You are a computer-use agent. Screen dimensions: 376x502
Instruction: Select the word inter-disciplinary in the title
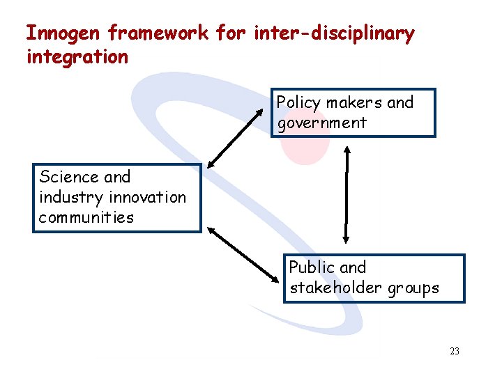pos(334,33)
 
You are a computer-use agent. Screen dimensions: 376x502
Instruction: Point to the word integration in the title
pos(77,57)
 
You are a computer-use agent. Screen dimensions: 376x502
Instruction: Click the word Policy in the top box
pos(298,103)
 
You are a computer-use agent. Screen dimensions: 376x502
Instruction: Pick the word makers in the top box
pos(353,103)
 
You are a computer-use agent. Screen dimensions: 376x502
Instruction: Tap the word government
pos(321,123)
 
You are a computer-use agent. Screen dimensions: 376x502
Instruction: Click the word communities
pos(86,217)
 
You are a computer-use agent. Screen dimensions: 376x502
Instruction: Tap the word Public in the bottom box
pos(312,267)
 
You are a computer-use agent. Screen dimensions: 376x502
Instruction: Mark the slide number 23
pos(455,352)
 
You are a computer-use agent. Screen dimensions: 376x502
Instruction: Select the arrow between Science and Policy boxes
pos(241,136)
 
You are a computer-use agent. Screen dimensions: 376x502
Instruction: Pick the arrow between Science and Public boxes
pos(244,252)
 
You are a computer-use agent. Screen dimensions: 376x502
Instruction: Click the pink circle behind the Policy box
pos(307,150)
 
